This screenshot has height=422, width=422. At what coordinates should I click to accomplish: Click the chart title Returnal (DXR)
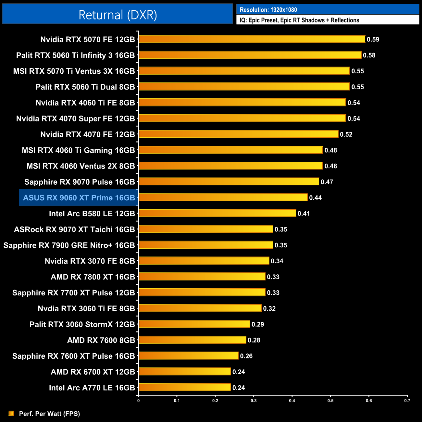point(118,15)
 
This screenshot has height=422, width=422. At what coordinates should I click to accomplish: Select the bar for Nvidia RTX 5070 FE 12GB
point(252,39)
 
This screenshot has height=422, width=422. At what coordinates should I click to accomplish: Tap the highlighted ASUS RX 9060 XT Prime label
point(79,198)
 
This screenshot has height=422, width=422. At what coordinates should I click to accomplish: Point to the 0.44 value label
point(315,198)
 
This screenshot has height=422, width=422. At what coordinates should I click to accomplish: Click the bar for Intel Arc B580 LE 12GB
point(217,213)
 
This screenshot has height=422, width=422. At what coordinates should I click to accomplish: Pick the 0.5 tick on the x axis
point(330,401)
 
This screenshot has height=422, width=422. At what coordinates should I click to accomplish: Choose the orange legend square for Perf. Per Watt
point(11,413)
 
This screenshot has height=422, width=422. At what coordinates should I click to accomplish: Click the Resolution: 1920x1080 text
point(268,10)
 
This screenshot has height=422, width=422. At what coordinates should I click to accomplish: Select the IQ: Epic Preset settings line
point(299,20)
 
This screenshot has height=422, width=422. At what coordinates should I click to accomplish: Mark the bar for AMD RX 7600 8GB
point(192,340)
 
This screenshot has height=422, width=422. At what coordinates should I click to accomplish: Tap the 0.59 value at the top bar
point(373,39)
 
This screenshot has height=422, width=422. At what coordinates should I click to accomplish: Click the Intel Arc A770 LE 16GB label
point(92,388)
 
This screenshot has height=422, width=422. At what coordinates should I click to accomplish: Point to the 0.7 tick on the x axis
point(407,401)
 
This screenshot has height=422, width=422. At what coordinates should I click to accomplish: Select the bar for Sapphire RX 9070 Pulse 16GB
point(229,182)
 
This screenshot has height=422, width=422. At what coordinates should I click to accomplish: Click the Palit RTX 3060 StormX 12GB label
point(82,324)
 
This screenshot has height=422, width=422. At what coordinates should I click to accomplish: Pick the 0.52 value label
point(346,134)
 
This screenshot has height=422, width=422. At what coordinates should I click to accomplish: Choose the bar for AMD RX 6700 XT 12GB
point(185,372)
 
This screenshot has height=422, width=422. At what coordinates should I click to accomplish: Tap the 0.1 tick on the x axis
point(177,401)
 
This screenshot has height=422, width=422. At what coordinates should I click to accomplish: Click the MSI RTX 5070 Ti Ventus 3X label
point(74,71)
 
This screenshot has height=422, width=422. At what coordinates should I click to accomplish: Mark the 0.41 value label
point(304,213)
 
